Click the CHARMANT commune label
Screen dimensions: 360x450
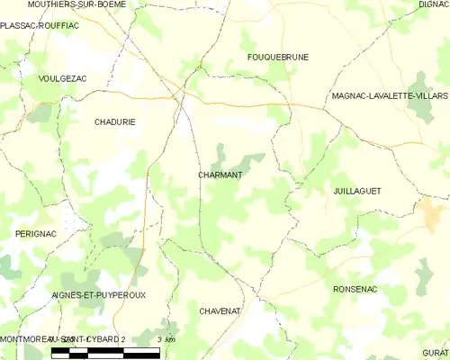pos(220,175)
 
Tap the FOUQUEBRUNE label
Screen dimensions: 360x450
pos(278,57)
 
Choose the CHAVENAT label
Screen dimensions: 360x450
pos(220,310)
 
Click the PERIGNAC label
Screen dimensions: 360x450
pos(36,234)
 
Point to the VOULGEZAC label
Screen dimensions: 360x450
pos(63,79)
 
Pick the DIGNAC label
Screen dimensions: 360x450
pos(433,4)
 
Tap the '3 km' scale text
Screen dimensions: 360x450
pos(166,339)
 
